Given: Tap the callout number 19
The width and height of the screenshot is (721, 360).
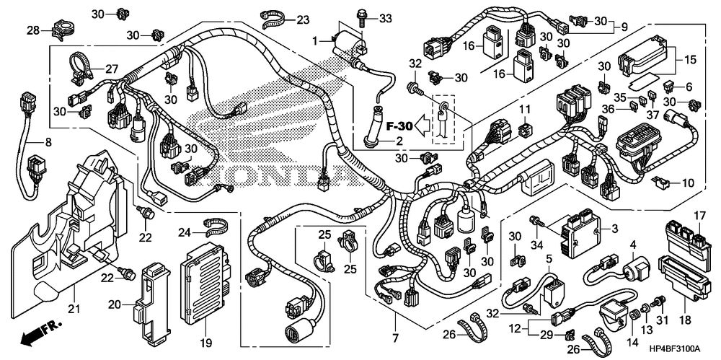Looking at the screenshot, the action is tap(206, 343).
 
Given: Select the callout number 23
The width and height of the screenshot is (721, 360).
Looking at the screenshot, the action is tap(303, 19).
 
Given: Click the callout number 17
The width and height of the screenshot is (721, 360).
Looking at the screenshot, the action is tap(699, 215).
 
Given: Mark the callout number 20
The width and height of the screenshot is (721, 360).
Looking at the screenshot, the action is tap(115, 304).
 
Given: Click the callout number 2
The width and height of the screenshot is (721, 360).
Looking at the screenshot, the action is tap(399, 141).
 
